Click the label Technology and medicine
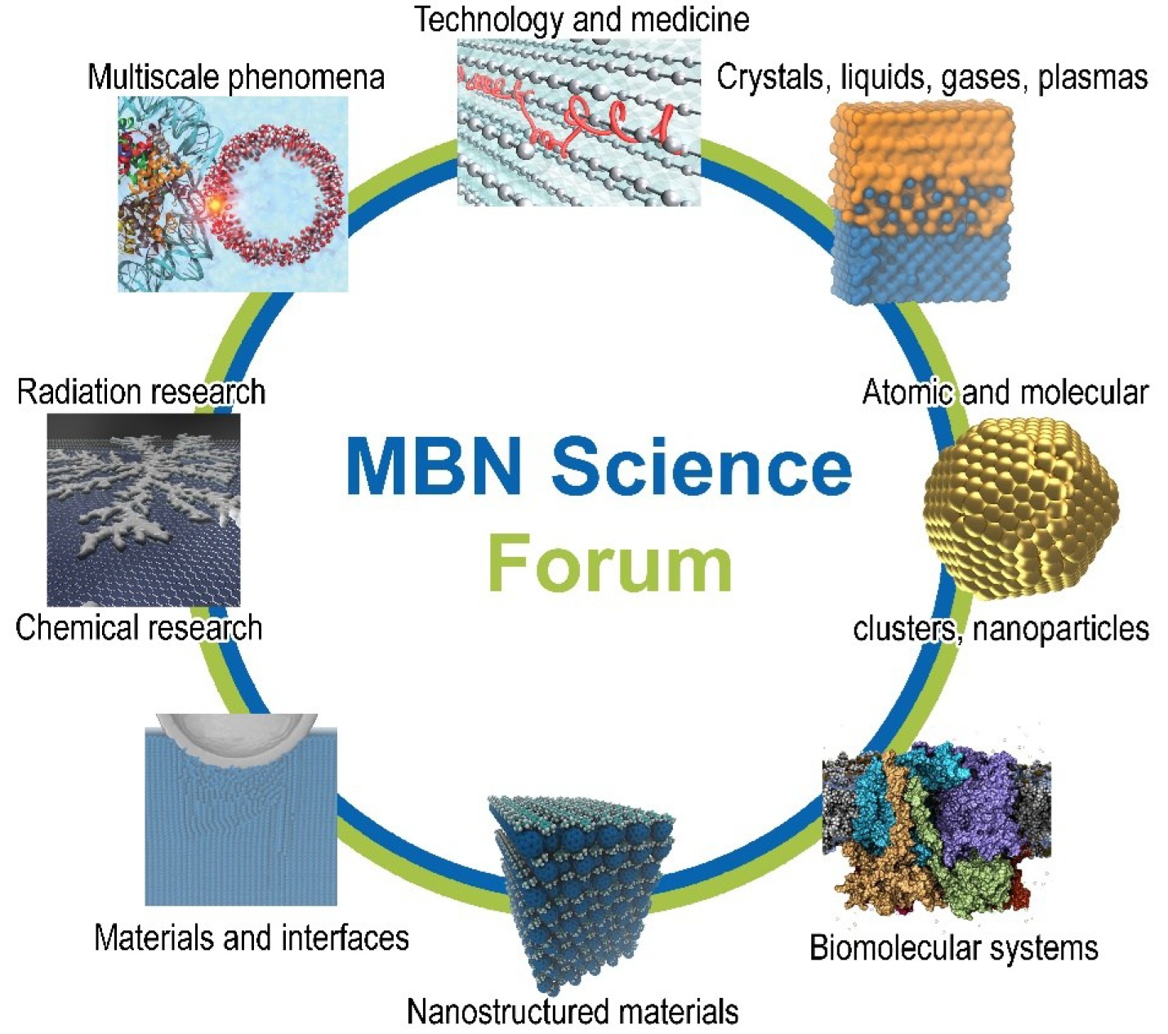582,20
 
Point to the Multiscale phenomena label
236,78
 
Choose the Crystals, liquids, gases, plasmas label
932,78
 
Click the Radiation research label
141,392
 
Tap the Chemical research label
139,628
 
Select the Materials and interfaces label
252,937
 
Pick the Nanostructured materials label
573,1012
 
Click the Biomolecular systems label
953,948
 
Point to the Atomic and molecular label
1005,393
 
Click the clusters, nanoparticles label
1001,629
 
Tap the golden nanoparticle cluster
1020,506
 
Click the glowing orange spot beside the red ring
214,205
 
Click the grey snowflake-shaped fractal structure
143,498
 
